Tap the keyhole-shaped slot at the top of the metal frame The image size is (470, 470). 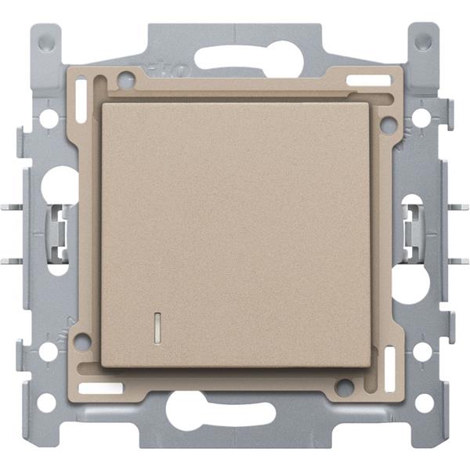click(x=235, y=58)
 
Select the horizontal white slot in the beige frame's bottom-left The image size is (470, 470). click(x=102, y=387)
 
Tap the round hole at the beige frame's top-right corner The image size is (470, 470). click(x=385, y=123)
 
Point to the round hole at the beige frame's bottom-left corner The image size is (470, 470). click(x=82, y=341)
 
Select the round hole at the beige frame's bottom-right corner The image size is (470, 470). click(x=342, y=385)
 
